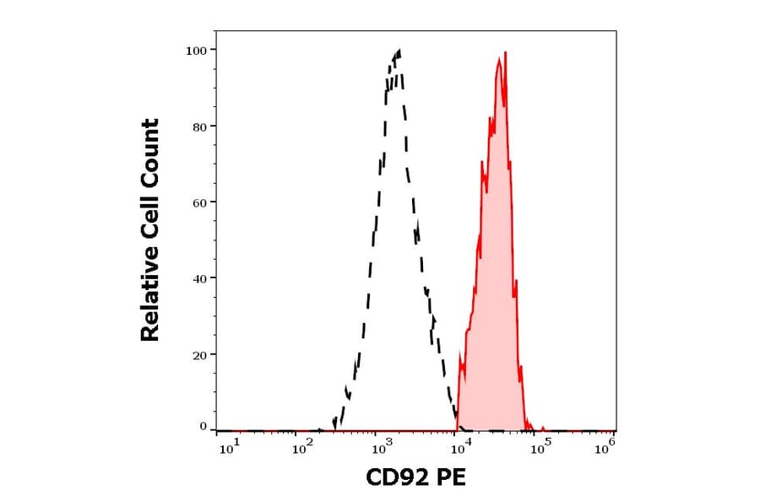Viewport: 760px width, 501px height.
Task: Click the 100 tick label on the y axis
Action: coord(197,50)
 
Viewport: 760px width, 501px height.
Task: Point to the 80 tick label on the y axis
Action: coord(200,127)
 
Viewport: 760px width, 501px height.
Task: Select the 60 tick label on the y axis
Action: coord(200,202)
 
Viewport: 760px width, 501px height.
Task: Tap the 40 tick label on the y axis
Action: coord(200,278)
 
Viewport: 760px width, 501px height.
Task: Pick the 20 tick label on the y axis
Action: coord(200,355)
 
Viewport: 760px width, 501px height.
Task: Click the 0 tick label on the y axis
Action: coord(204,427)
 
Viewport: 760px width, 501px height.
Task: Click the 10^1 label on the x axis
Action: coord(229,448)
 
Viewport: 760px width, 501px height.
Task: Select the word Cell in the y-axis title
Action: coord(150,222)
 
